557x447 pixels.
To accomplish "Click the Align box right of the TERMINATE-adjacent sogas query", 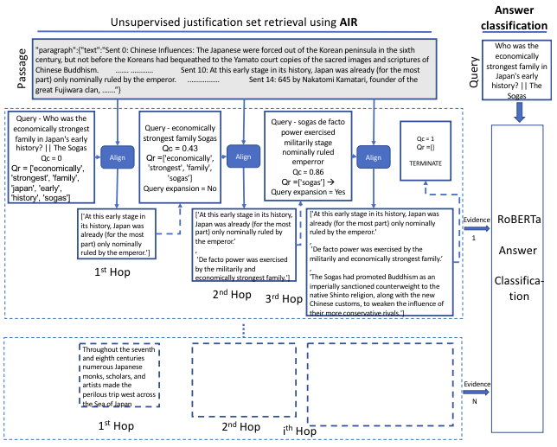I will point(373,157).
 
